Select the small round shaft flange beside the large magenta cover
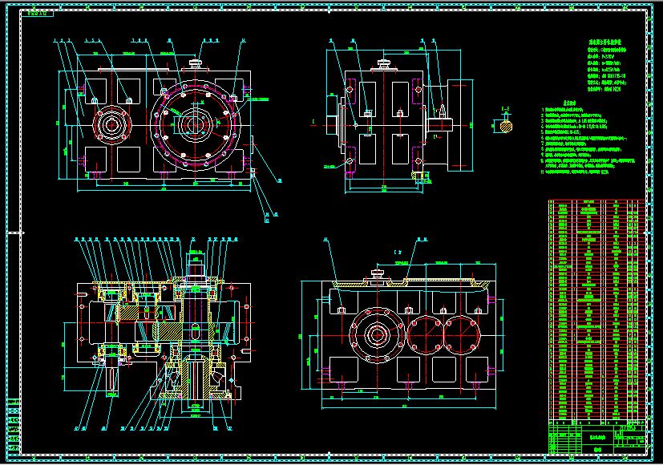tap(111, 124)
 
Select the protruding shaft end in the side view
tap(443, 123)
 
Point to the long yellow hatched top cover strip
tap(417, 282)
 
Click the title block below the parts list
tap(596, 438)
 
